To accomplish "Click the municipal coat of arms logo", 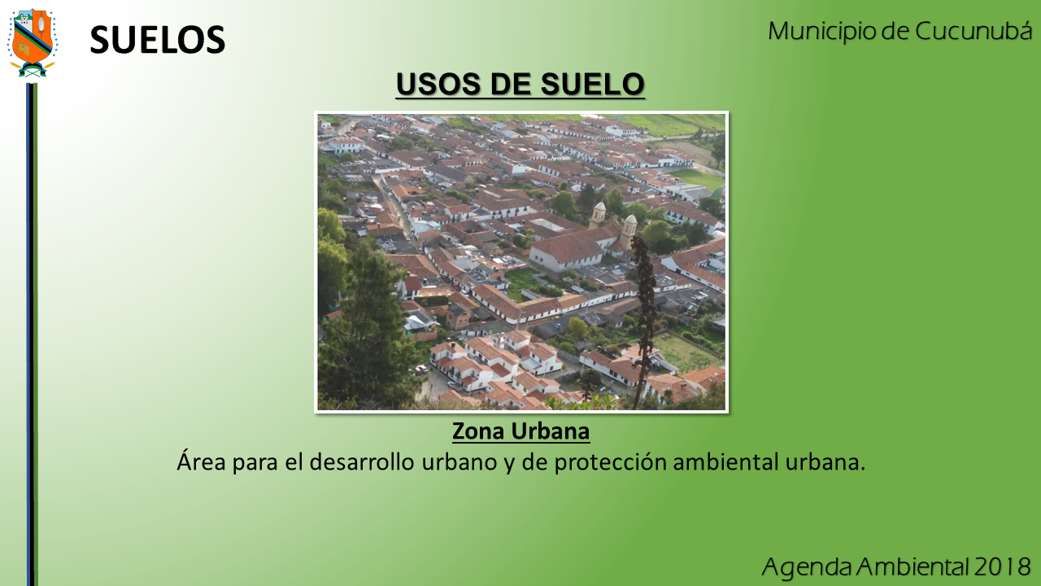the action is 32,43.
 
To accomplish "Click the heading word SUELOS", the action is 158,40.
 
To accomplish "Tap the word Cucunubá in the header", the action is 973,31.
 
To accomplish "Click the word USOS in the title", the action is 438,84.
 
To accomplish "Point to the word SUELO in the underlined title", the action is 593,84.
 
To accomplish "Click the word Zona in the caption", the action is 478,431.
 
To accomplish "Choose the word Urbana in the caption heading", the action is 551,431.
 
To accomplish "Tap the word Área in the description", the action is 201,461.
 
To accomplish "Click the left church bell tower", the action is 598,214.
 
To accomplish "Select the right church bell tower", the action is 629,230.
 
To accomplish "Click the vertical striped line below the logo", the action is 32,335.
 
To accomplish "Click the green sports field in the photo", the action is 697,179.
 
